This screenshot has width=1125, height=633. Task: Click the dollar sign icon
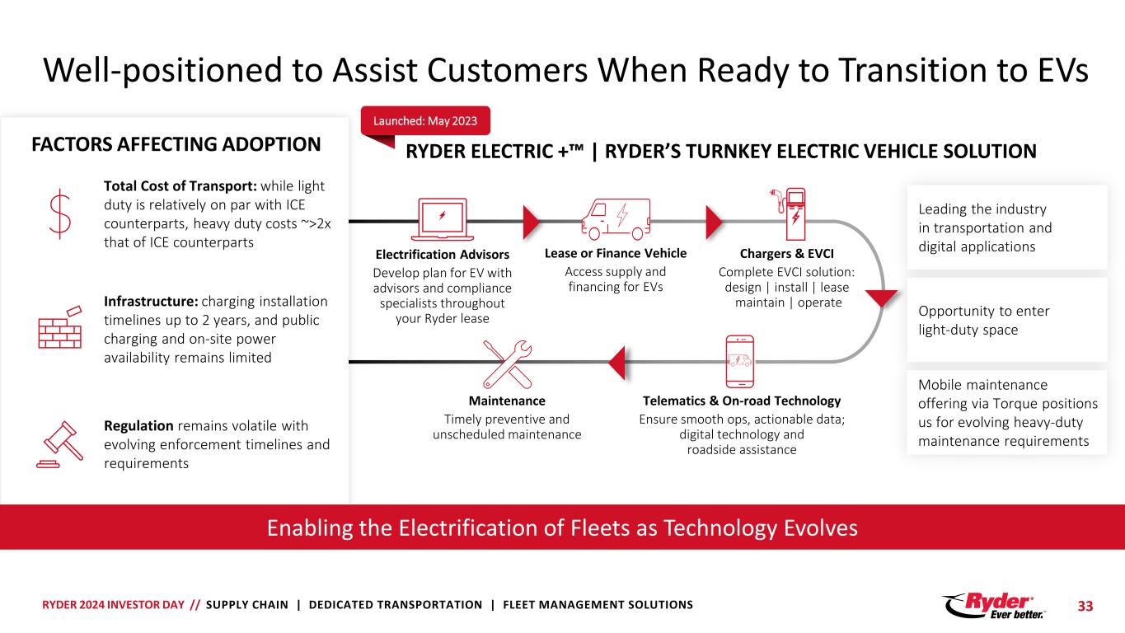(x=60, y=213)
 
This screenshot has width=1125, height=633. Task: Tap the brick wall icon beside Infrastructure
(x=60, y=327)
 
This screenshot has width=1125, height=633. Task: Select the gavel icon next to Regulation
(x=60, y=444)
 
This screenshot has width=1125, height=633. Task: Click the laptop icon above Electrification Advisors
(x=442, y=219)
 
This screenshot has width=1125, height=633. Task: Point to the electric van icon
(x=616, y=219)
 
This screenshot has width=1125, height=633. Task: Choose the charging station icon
(x=790, y=214)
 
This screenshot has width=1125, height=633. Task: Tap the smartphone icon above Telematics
(x=740, y=361)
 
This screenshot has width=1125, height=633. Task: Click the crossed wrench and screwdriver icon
(x=507, y=364)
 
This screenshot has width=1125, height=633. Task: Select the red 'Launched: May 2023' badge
(x=425, y=120)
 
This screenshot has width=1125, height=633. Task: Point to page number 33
(x=1085, y=607)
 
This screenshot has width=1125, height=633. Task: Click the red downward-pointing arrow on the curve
(x=881, y=298)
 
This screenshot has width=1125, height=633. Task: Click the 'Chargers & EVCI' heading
(x=786, y=254)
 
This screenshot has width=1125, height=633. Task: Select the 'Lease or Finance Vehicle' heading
(x=615, y=253)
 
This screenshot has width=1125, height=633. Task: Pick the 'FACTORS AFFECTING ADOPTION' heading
(x=176, y=144)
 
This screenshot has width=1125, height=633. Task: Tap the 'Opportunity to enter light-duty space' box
(x=1006, y=320)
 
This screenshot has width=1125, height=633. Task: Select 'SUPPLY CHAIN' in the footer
(x=247, y=605)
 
